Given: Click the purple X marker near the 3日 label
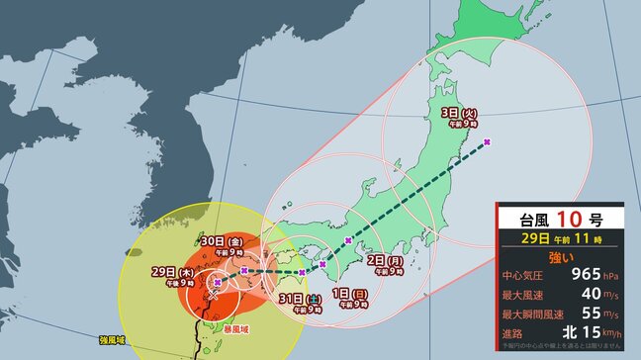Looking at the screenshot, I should tap(488, 142).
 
